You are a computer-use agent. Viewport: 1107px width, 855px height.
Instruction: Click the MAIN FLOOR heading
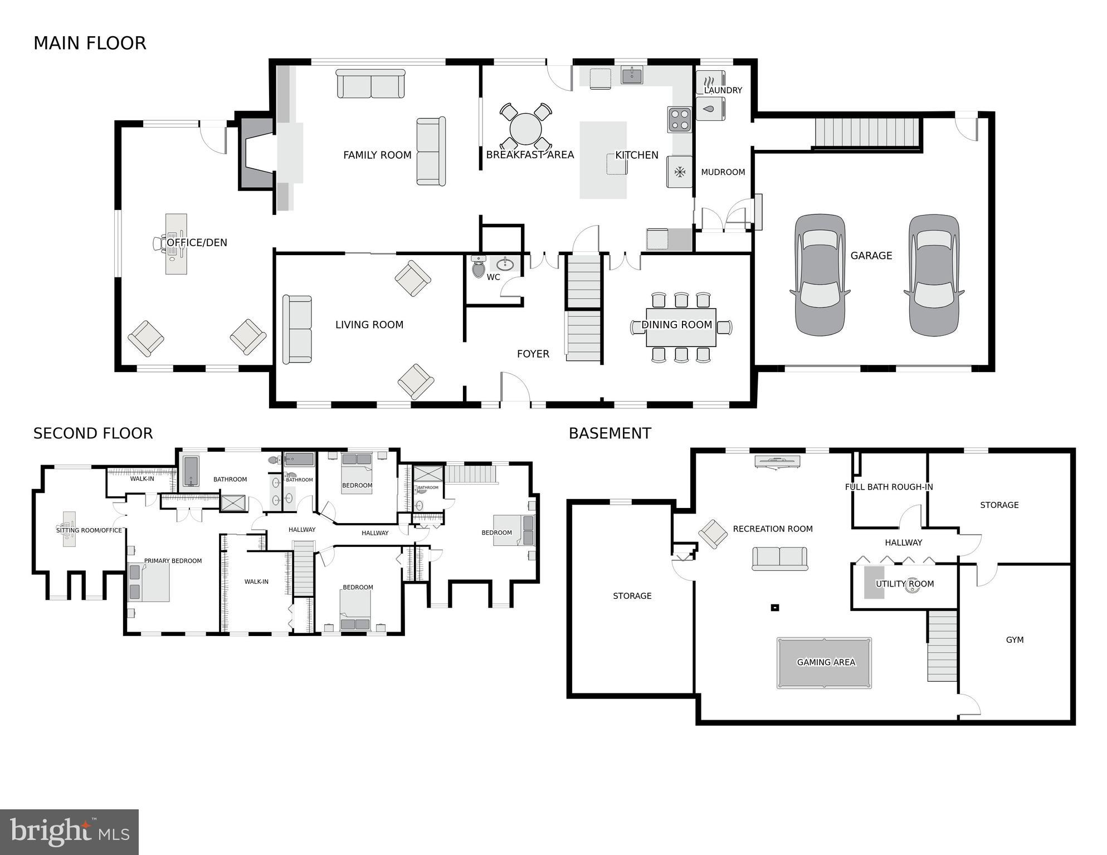pos(90,43)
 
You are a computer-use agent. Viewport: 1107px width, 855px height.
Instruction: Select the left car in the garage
pos(820,275)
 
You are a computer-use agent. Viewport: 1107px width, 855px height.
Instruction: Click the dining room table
pos(681,327)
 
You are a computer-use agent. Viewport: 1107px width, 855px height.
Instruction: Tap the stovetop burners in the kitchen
pos(680,119)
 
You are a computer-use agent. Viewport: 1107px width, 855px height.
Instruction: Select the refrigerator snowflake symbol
pos(680,172)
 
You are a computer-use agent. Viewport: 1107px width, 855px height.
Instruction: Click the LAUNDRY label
pos(723,90)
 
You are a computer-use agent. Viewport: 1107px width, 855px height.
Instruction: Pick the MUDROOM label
pos(723,172)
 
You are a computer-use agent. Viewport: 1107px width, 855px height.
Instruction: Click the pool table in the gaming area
pos(825,663)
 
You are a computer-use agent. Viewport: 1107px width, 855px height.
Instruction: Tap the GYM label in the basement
pos(1015,640)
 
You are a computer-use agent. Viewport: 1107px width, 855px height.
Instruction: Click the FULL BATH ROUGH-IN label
pos(889,487)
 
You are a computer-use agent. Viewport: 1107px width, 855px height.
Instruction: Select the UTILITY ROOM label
pos(904,584)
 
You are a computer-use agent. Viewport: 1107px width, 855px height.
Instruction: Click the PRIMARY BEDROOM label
pos(173,561)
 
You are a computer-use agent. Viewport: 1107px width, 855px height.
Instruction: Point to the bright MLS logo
pos(69,832)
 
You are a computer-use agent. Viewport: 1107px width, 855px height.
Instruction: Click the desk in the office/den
pos(176,244)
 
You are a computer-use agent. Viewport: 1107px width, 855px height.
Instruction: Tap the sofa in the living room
pos(297,329)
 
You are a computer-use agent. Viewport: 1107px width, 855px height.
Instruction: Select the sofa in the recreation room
pos(779,558)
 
